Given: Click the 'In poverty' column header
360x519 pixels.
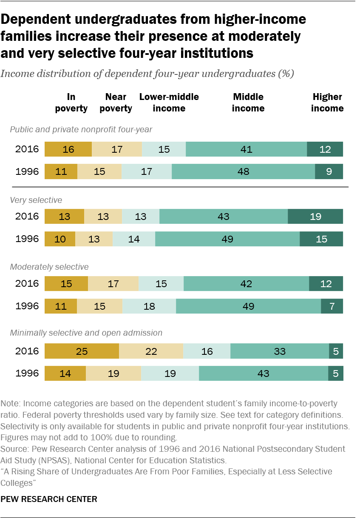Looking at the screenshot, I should [x=71, y=103].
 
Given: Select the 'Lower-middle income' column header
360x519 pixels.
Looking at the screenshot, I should [x=169, y=103].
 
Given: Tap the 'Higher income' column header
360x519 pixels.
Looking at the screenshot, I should [x=327, y=103].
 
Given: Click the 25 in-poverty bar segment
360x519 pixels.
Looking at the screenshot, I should [x=82, y=351].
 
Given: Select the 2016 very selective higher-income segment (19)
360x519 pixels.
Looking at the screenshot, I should [x=315, y=216].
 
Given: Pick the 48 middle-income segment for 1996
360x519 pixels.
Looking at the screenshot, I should [x=243, y=172].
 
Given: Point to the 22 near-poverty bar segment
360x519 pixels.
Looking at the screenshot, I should [x=151, y=351].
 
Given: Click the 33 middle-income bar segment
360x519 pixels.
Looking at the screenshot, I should [x=279, y=351].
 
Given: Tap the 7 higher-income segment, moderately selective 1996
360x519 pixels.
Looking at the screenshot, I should [x=332, y=306].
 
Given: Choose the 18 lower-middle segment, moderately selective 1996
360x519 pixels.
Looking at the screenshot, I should [x=149, y=306].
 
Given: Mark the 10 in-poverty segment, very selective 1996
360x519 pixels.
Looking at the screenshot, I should [x=60, y=239].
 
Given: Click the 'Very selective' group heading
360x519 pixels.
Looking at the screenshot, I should [x=30, y=200].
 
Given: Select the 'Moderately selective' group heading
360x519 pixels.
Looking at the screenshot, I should [x=49, y=267].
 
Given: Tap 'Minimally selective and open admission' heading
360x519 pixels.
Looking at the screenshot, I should [x=86, y=333].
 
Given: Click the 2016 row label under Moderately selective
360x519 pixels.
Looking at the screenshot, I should [x=27, y=283].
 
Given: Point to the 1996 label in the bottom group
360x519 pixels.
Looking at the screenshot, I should [x=27, y=374].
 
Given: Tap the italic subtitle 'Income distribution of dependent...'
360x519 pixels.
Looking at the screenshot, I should [x=147, y=73].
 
